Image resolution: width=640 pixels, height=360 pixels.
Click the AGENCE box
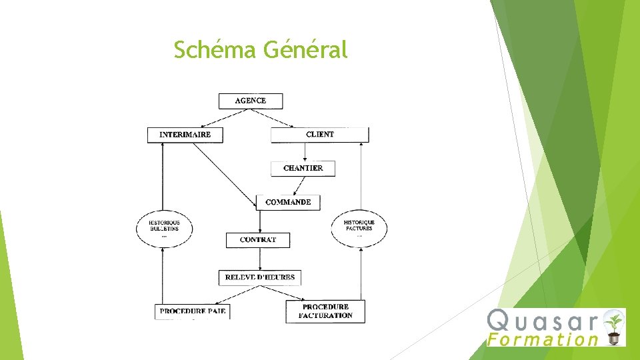tap(251, 101)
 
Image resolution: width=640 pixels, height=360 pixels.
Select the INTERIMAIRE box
tap(185, 135)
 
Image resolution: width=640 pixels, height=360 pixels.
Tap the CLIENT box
tap(319, 135)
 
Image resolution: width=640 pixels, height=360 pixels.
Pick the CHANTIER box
tap(303, 168)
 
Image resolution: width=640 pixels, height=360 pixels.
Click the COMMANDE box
tap(288, 202)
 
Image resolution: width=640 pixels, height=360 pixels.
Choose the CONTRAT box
tap(258, 239)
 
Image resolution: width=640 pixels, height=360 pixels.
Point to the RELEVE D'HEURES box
tap(260, 277)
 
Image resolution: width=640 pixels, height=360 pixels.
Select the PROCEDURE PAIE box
tap(193, 311)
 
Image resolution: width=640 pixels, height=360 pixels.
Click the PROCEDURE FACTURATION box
tap(325, 311)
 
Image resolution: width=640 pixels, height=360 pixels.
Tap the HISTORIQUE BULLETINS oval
tap(163, 229)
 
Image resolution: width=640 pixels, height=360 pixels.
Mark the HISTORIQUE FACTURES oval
tap(359, 229)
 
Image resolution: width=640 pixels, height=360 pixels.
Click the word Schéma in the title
tap(215, 49)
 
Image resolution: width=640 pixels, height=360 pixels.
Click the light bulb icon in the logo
tap(613, 326)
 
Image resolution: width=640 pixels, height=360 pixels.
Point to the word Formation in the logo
tap(543, 339)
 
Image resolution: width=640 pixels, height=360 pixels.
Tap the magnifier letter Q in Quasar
tap(500, 321)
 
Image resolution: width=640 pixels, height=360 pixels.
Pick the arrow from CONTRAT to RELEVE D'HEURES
tap(259, 259)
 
